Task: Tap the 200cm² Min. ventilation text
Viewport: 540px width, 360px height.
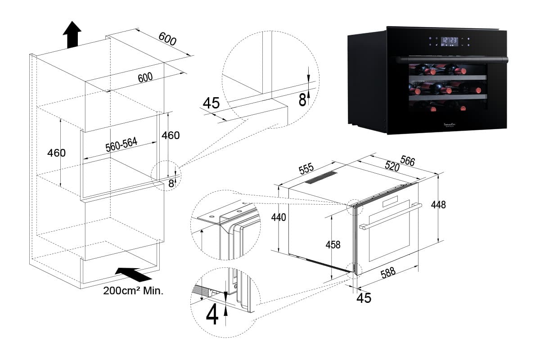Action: coord(133,291)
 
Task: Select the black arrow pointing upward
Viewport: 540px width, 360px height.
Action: coord(72,34)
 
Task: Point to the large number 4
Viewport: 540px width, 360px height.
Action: coord(212,315)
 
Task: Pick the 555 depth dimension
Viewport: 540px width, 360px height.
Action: coord(306,169)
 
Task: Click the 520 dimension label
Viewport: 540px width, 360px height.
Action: coord(392,166)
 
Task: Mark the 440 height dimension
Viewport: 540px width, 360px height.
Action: coord(279,217)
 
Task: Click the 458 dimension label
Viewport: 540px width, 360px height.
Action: coord(333,245)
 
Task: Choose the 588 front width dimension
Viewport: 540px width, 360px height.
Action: coord(388,274)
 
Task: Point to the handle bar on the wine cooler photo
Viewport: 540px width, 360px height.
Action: coord(450,59)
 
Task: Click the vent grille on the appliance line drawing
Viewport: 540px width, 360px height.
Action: coord(321,178)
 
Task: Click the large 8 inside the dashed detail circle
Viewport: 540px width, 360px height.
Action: coord(303,99)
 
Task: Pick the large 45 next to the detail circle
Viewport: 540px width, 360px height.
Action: coord(211,103)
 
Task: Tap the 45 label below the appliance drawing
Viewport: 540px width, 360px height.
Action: coord(364,297)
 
